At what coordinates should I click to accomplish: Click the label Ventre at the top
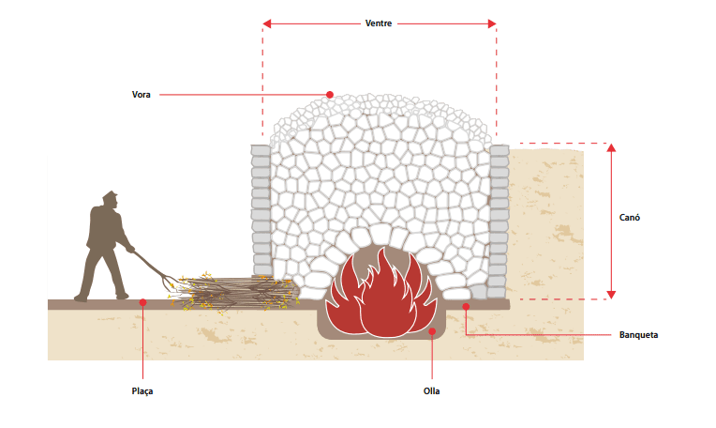[x=380, y=22]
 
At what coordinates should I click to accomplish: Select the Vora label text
[x=142, y=94]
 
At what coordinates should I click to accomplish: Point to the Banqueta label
[x=638, y=334]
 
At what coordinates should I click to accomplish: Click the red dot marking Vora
[x=329, y=94]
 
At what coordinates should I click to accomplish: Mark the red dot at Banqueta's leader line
[x=466, y=305]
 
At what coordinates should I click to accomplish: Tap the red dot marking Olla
[x=432, y=331]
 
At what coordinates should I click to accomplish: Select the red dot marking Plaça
[x=142, y=302]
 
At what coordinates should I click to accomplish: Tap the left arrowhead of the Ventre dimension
[x=267, y=23]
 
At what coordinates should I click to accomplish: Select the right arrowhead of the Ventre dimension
[x=492, y=23]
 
